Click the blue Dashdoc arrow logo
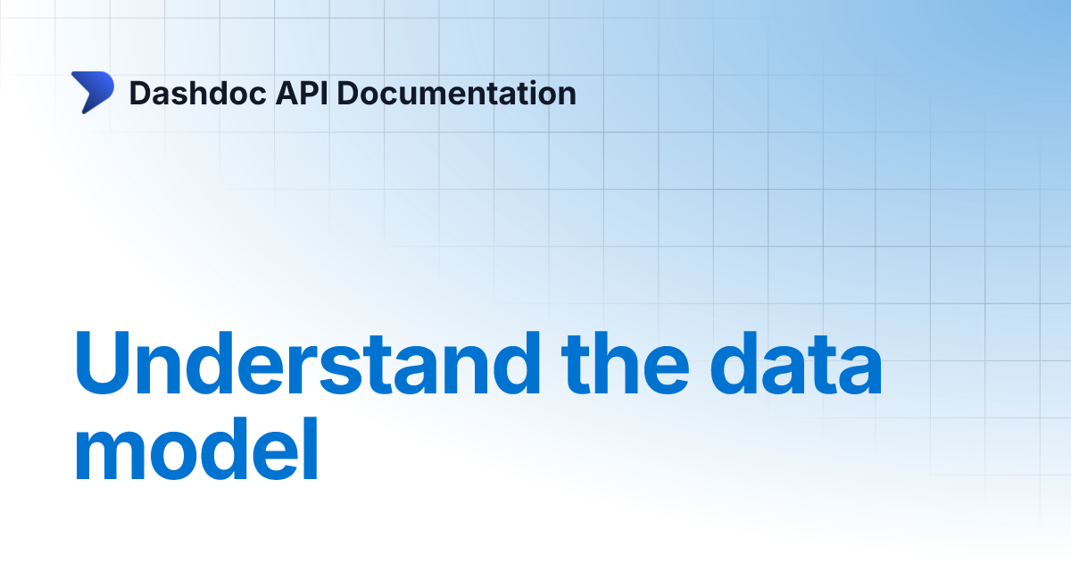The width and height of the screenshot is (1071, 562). click(93, 93)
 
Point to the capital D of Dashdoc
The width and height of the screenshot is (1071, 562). click(139, 93)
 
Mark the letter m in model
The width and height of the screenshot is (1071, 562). click(109, 458)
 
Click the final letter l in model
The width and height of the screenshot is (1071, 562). click(309, 450)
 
